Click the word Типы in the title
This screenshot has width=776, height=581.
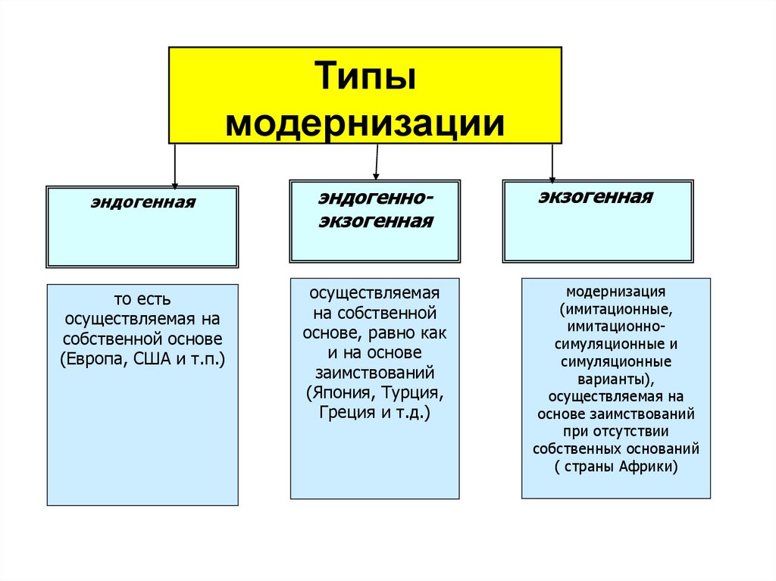[365, 79]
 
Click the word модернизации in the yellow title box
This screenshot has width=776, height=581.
[365, 120]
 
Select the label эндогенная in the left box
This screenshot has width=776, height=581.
[143, 203]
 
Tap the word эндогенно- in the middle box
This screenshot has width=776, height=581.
[376, 198]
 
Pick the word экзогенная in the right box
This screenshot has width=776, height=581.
[596, 198]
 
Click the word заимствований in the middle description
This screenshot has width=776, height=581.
[374, 373]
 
